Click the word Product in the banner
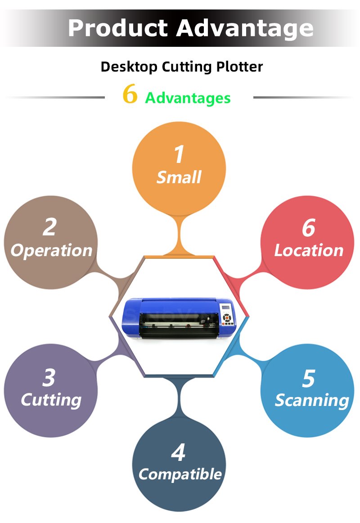[117, 28]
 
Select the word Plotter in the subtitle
[240, 67]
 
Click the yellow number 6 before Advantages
[130, 94]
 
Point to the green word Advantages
[188, 98]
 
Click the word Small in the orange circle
[179, 177]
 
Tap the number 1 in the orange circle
[180, 154]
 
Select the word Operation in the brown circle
[51, 251]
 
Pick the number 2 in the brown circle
[49, 227]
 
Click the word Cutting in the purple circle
[51, 400]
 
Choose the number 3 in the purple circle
[49, 378]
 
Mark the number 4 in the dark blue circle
[178, 452]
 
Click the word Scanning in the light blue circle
[312, 401]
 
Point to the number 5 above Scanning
[309, 379]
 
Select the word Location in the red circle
[309, 251]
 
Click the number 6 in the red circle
[308, 228]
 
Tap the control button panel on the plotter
[227, 319]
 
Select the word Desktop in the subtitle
[129, 67]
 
